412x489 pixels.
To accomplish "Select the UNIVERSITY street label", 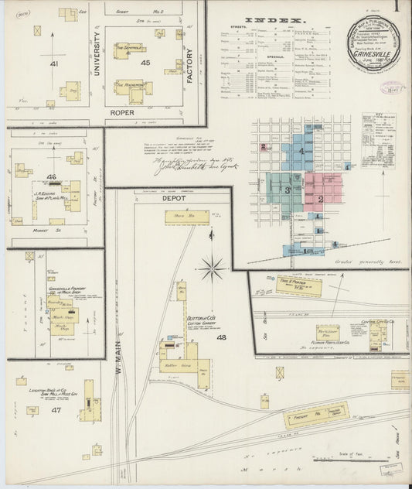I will click(x=97, y=56).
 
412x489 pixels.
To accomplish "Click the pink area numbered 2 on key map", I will click(x=319, y=199).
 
